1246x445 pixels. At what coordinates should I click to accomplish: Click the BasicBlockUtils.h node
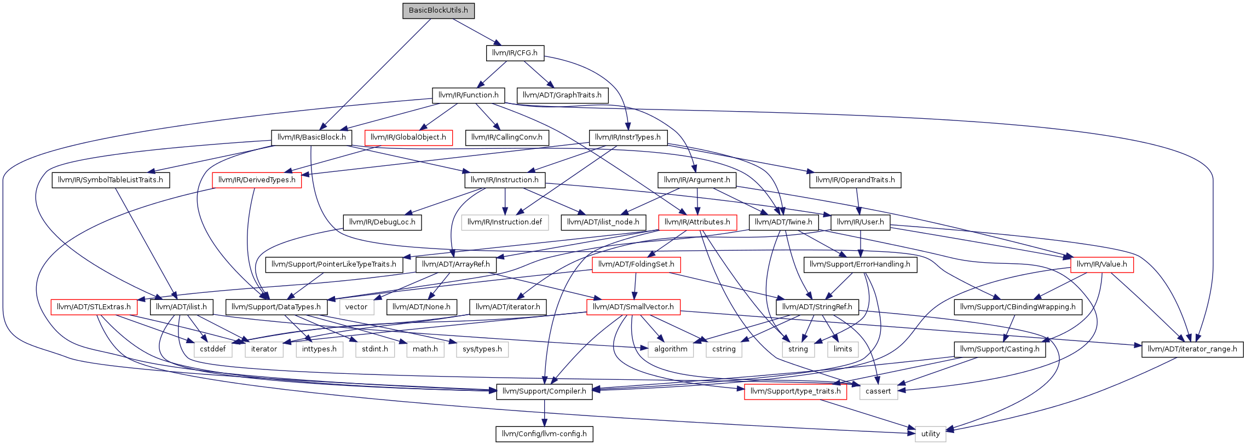[439, 11]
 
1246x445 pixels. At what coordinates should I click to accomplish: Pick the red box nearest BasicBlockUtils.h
[408, 138]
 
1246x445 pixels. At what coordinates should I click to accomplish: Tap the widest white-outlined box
[505, 223]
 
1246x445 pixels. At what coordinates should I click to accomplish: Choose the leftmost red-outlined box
[94, 307]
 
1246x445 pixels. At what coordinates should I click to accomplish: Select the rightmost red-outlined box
[1101, 265]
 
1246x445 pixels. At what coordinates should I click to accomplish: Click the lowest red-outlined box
[795, 392]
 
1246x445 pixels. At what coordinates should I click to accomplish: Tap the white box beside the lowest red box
[878, 392]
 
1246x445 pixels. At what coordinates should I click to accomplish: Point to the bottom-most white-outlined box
[930, 434]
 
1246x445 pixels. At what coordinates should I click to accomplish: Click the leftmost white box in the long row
[213, 350]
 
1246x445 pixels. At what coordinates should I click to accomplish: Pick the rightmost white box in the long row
[843, 350]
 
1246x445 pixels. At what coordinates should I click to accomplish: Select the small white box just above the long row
[356, 307]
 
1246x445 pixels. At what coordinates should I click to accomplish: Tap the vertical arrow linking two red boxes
[635, 286]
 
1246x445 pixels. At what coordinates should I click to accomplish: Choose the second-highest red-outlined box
[257, 180]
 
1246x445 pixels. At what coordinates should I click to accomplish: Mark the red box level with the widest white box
[697, 223]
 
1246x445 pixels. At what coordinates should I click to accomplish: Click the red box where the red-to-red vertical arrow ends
[633, 307]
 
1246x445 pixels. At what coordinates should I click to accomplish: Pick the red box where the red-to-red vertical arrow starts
[636, 265]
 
